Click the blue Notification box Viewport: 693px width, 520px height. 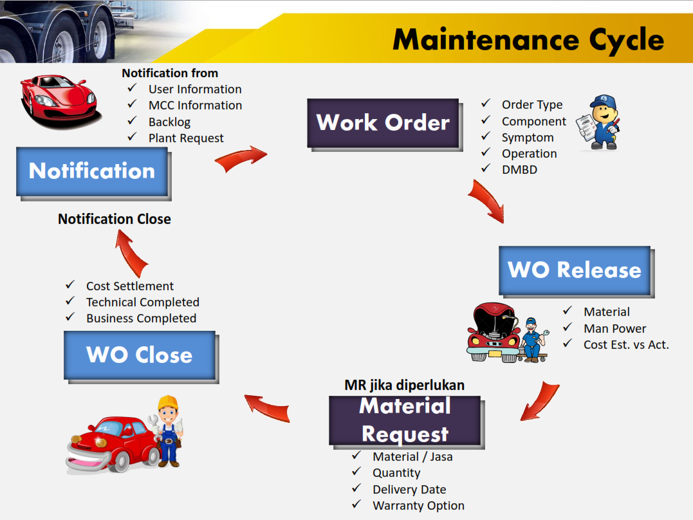(x=92, y=171)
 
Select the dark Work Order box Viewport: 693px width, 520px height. (x=383, y=122)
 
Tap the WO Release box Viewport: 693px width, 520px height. (x=575, y=270)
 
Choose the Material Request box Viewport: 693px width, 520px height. (x=405, y=420)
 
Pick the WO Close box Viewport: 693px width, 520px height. (x=140, y=355)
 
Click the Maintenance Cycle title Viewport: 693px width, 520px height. (x=528, y=39)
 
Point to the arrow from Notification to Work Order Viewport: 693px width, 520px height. (x=241, y=159)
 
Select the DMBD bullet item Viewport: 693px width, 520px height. (x=519, y=170)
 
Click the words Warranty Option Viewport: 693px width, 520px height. (x=418, y=505)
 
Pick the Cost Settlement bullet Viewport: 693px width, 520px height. (x=130, y=286)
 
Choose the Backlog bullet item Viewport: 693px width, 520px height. (x=169, y=122)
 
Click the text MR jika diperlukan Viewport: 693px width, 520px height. (x=405, y=385)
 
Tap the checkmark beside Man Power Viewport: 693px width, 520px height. (x=567, y=328)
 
